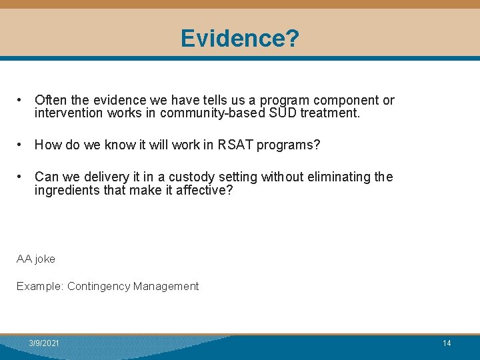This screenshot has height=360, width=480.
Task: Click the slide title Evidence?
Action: (x=239, y=39)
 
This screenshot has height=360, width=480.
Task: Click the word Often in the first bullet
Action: (x=50, y=101)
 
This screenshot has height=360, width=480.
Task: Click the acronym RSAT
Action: (x=236, y=145)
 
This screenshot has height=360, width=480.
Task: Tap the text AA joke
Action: (x=36, y=259)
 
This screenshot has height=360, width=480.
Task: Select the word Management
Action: (x=165, y=286)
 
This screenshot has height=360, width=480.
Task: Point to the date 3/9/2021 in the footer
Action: (x=44, y=343)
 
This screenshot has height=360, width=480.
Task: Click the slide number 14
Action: (x=447, y=343)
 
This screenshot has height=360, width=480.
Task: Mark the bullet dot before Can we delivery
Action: (x=22, y=176)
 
